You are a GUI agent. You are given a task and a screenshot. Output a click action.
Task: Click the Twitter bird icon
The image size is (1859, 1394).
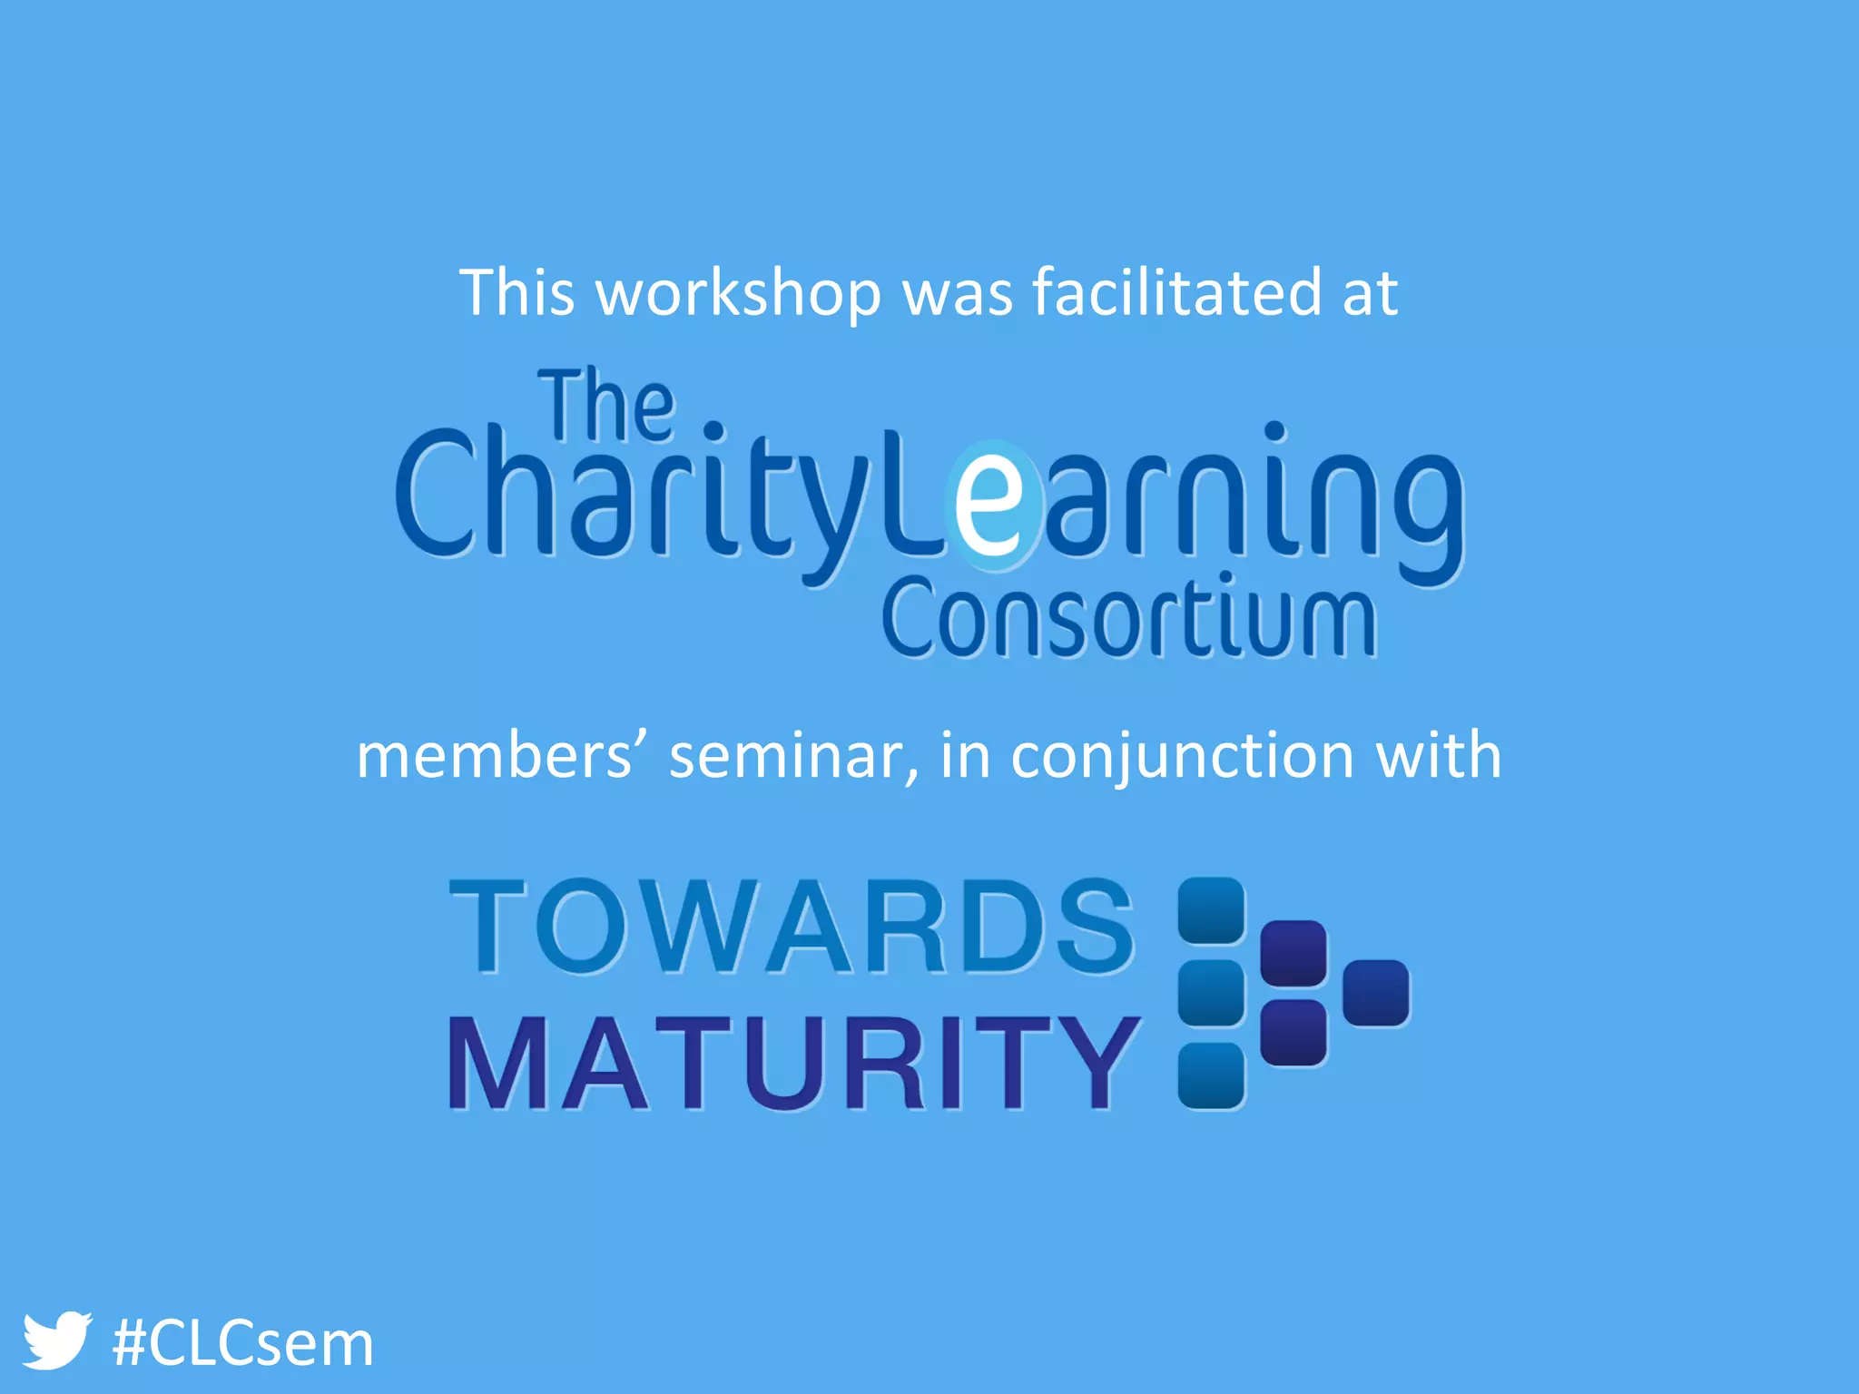[56, 1340]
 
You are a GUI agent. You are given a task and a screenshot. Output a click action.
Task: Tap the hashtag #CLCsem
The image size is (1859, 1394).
[242, 1344]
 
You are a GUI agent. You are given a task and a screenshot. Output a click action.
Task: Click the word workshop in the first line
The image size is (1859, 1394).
[737, 294]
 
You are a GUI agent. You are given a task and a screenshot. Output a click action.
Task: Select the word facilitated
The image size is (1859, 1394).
[1176, 292]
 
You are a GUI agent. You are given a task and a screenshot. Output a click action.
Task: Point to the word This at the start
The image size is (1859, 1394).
[516, 292]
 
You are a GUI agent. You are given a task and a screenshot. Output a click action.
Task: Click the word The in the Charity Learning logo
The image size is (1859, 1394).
[607, 406]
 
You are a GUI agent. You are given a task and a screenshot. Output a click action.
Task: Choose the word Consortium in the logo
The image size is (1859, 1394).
[1128, 618]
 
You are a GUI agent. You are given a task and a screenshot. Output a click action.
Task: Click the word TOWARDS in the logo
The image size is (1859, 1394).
[792, 927]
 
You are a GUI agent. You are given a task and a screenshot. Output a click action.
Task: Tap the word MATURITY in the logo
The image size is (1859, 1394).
[793, 1063]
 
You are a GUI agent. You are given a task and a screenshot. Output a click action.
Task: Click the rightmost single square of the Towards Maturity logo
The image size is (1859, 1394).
[1375, 993]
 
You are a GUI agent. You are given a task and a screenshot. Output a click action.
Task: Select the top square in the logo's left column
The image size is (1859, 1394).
[1211, 910]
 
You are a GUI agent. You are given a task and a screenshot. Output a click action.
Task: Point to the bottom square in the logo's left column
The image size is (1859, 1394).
[1211, 1075]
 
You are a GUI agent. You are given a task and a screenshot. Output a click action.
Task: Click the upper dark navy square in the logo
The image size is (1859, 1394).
[1293, 953]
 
